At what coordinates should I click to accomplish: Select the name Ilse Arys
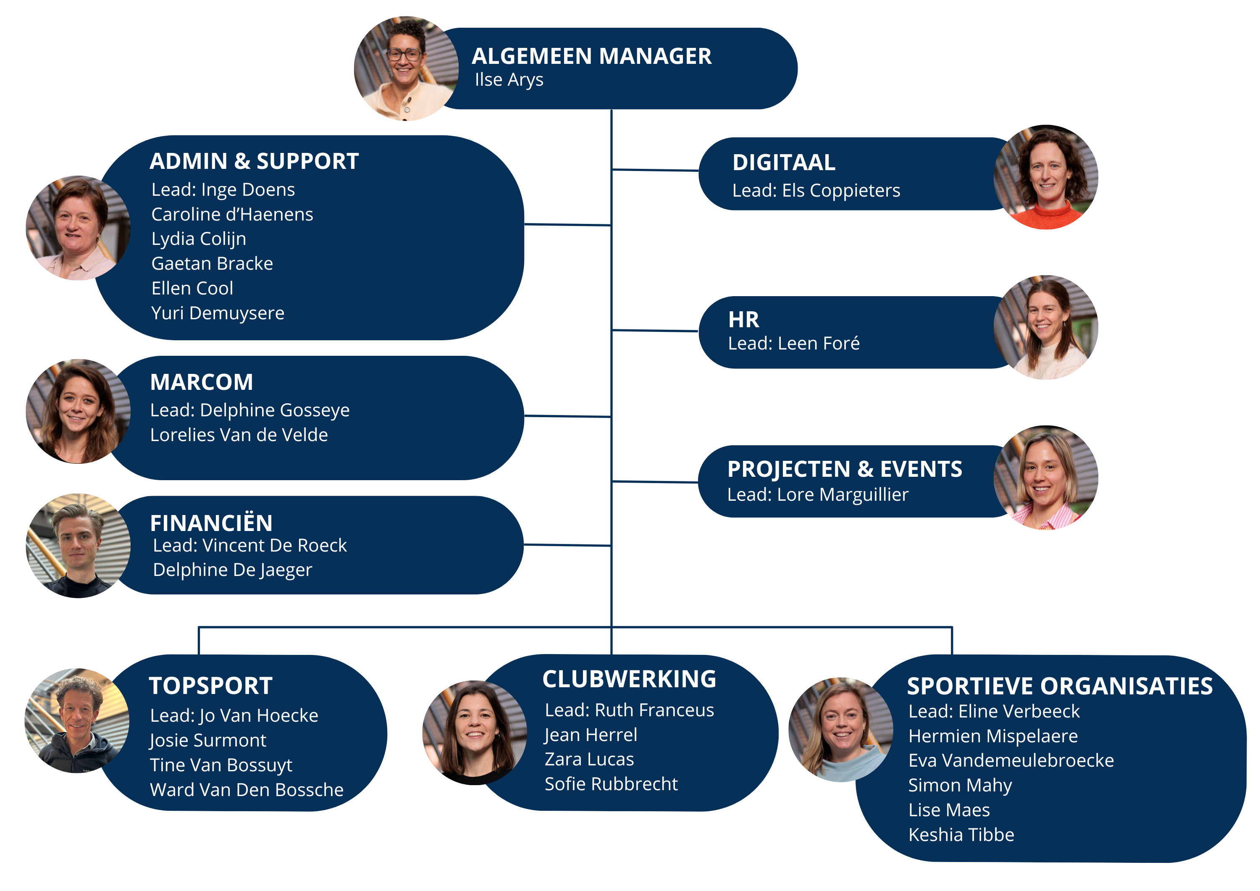click(x=509, y=79)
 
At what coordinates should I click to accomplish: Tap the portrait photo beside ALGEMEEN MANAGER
click(x=406, y=68)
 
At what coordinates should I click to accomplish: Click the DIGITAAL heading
click(x=784, y=163)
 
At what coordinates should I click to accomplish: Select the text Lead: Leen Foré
click(x=793, y=344)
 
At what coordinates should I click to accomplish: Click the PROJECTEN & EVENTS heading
click(x=845, y=469)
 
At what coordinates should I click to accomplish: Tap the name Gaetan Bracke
click(x=212, y=263)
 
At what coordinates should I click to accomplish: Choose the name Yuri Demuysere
click(x=218, y=313)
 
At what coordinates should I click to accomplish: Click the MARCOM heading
click(x=202, y=382)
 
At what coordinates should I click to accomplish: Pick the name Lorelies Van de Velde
click(x=239, y=435)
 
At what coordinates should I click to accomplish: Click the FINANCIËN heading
click(x=211, y=523)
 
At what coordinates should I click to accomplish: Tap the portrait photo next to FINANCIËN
click(x=78, y=545)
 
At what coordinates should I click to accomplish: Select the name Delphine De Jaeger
click(x=232, y=570)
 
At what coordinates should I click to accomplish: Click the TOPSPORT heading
click(x=211, y=686)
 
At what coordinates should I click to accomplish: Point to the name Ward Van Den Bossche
click(x=247, y=789)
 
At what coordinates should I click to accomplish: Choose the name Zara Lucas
click(x=589, y=759)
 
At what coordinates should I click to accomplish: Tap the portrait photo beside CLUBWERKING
click(x=474, y=732)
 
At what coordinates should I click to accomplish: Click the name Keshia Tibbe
click(x=961, y=834)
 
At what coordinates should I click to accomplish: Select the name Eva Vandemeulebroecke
click(x=1011, y=760)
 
